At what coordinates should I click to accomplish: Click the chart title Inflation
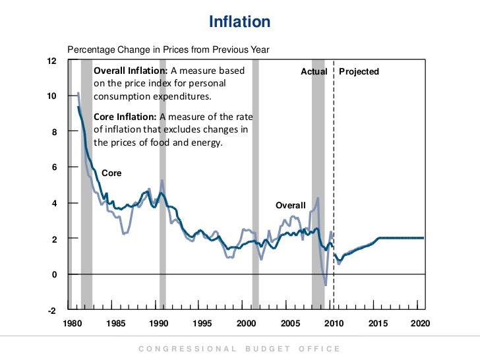coord(239,22)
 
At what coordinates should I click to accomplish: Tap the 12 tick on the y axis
coord(51,61)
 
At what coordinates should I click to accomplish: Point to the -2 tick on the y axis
coord(51,311)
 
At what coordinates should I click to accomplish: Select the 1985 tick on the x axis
coord(115,324)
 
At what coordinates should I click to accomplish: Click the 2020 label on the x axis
coord(420,324)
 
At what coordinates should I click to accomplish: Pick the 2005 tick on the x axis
coord(290,324)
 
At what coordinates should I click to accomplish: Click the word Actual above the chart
coord(314,71)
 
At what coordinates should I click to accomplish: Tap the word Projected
coord(359,71)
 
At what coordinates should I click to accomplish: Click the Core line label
coord(111,173)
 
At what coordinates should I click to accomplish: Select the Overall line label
coord(290,206)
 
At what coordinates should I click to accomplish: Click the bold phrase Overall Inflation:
coord(131,71)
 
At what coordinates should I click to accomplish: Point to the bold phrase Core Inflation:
coord(126,117)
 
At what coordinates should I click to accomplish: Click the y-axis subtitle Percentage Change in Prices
coord(168,49)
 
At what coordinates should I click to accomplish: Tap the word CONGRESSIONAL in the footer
coord(187,349)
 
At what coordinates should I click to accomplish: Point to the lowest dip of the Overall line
coord(326,285)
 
